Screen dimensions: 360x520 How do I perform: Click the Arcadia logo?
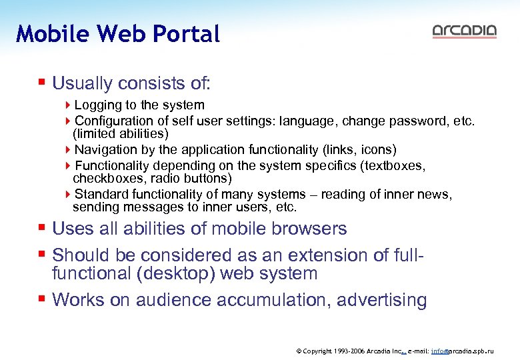(x=464, y=31)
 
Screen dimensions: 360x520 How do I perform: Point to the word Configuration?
(x=114, y=121)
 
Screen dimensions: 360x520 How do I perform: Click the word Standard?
(x=101, y=194)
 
